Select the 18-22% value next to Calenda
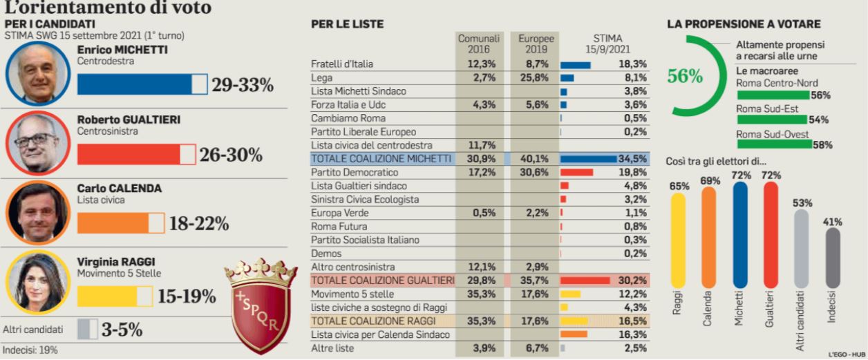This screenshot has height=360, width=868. click(x=199, y=224)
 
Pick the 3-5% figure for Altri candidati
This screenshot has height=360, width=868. click(x=122, y=330)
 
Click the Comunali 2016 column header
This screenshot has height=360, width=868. click(x=479, y=44)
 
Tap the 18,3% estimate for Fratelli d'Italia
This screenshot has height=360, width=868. click(x=632, y=64)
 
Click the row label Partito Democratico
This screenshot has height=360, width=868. click(x=355, y=172)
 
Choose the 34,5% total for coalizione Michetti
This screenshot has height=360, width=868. click(x=632, y=159)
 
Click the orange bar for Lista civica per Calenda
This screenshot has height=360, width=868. click(x=574, y=334)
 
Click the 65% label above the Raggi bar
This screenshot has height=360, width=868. click(x=679, y=185)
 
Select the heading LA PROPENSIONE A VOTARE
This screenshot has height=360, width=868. click(x=744, y=24)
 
